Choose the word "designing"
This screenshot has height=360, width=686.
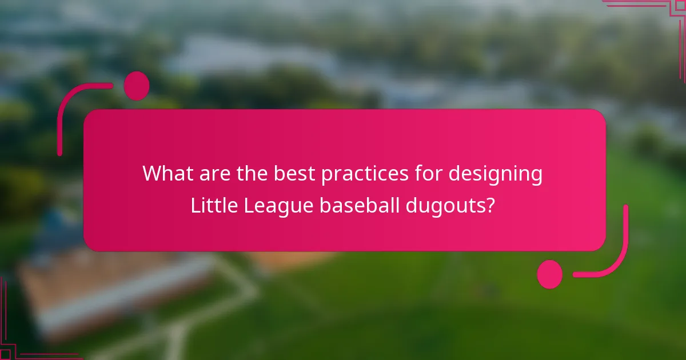(x=495, y=173)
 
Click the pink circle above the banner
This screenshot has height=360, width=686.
(x=137, y=86)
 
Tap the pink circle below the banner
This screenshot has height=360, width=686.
(x=550, y=274)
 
